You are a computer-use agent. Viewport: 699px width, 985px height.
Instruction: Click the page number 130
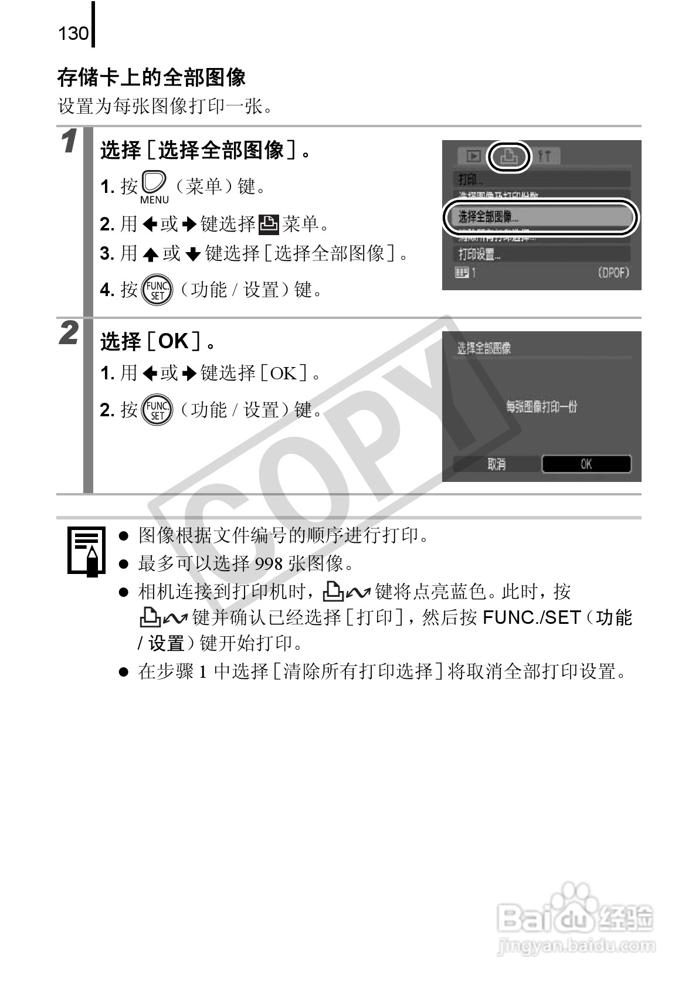[x=73, y=33]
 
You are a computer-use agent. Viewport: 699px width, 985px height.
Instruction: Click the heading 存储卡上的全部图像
[x=151, y=77]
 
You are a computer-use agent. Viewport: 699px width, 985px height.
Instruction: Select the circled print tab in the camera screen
[x=508, y=157]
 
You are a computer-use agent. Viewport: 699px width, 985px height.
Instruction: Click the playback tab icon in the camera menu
[x=473, y=157]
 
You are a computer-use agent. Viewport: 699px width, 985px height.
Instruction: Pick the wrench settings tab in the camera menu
[x=544, y=157]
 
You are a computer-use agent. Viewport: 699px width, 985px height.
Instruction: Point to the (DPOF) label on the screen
[x=613, y=273]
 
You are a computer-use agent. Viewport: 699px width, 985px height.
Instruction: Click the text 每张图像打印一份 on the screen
[x=541, y=406]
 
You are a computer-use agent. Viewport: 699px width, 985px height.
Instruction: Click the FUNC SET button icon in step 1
[x=158, y=289]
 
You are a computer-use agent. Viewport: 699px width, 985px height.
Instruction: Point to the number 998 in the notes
[x=269, y=563]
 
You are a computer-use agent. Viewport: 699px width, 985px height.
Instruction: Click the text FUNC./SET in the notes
[x=531, y=617]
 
